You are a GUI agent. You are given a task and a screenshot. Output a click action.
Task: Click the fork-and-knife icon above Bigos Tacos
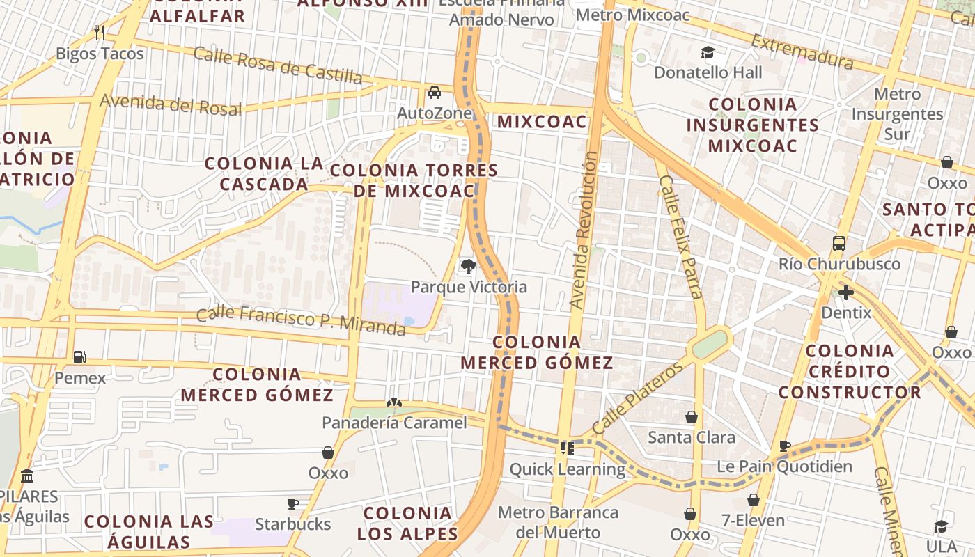click(x=100, y=32)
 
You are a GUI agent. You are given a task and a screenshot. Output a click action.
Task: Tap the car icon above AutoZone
click(x=435, y=92)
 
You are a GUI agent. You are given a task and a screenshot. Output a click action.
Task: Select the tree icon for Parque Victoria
click(x=469, y=265)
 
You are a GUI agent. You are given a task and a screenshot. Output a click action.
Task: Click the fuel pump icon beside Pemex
click(x=80, y=357)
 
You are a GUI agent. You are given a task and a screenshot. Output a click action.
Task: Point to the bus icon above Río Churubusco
click(x=839, y=244)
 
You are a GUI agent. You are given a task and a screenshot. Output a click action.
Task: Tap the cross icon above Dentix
click(x=846, y=292)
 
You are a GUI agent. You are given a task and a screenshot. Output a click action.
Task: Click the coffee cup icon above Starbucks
click(x=293, y=503)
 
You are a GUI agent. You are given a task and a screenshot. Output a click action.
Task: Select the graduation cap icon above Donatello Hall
click(x=708, y=52)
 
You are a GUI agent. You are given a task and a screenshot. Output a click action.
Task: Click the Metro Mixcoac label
click(x=634, y=15)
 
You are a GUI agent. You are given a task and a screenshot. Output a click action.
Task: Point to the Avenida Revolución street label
click(x=584, y=230)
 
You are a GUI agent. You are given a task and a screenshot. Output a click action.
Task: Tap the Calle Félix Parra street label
click(x=680, y=237)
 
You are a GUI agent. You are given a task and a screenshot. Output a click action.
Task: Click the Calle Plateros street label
click(x=638, y=398)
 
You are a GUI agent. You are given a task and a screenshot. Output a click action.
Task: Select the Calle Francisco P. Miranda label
click(x=301, y=321)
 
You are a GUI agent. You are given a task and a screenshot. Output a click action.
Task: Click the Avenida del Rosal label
click(x=171, y=104)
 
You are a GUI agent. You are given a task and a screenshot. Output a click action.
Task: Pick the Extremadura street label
click(x=802, y=52)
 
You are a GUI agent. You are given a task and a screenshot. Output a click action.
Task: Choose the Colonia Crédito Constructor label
click(x=850, y=371)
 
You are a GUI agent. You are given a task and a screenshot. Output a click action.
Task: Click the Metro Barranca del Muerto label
click(x=558, y=522)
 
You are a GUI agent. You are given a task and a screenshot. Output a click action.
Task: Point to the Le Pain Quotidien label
click(x=784, y=466)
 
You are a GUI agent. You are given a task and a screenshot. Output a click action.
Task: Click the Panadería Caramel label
click(x=394, y=422)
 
